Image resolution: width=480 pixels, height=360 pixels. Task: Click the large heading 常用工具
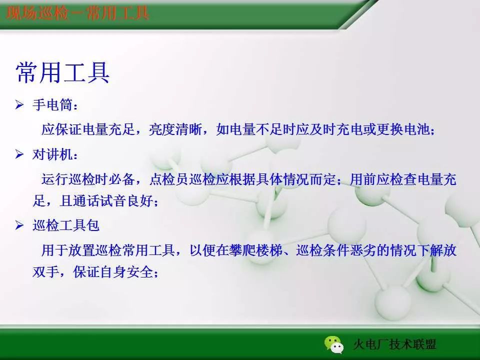pyautogui.click(x=62, y=73)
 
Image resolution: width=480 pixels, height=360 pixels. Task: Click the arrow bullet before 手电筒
pyautogui.click(x=20, y=105)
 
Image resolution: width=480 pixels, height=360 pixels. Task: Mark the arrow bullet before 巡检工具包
pyautogui.click(x=20, y=225)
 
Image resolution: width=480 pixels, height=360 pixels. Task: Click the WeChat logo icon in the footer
pyautogui.click(x=333, y=344)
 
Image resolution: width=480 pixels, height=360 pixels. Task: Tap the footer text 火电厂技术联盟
pyautogui.click(x=394, y=345)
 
